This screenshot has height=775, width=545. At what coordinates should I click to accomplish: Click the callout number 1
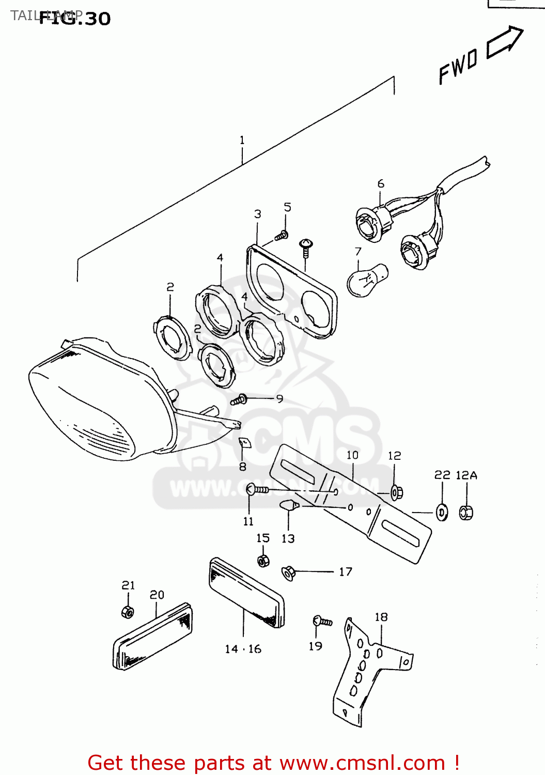pyautogui.click(x=242, y=140)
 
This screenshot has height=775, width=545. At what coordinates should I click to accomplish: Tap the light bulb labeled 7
pyautogui.click(x=366, y=280)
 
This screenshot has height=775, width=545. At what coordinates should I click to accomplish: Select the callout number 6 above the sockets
pyautogui.click(x=381, y=183)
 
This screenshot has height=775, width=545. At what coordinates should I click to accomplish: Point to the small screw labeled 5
pyautogui.click(x=281, y=236)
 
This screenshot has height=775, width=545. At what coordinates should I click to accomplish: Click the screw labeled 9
pyautogui.click(x=240, y=399)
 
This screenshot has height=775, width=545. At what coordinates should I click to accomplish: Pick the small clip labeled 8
pyautogui.click(x=244, y=443)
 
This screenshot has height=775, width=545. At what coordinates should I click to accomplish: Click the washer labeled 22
pyautogui.click(x=442, y=513)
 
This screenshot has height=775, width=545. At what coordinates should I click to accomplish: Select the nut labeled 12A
pyautogui.click(x=466, y=512)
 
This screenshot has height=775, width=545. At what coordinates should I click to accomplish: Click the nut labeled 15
pyautogui.click(x=263, y=561)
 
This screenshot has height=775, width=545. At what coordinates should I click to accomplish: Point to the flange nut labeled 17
pyautogui.click(x=288, y=572)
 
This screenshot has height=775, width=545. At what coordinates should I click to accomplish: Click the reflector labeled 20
pyautogui.click(x=152, y=637)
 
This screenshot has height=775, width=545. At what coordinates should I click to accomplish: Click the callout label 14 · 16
pyautogui.click(x=243, y=649)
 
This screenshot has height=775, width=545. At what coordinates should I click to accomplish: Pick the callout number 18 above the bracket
pyautogui.click(x=381, y=617)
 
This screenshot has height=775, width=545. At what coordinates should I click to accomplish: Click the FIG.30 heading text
pyautogui.click(x=75, y=19)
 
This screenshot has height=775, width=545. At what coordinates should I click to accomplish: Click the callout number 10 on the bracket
pyautogui.click(x=352, y=455)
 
